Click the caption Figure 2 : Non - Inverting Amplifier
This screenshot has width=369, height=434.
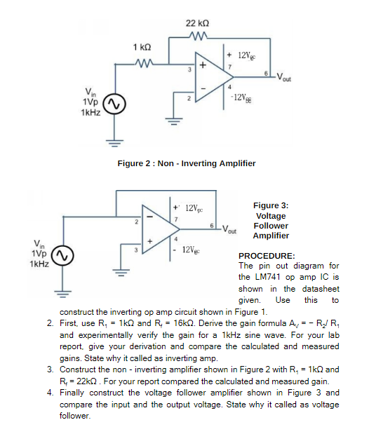tap(186, 163)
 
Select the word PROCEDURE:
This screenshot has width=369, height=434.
tap(267, 257)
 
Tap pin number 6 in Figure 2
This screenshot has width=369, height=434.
tap(266, 72)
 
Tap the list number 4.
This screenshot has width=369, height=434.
tap(50, 393)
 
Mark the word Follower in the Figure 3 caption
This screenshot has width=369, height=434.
tap(271, 226)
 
